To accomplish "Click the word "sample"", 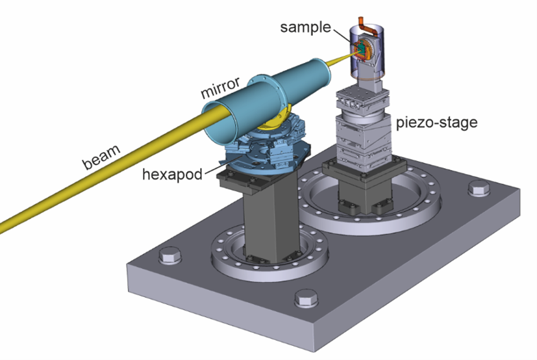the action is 305,27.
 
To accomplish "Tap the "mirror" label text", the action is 220,88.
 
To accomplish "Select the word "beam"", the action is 101,157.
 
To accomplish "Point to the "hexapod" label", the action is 172,175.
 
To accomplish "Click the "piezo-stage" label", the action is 436,122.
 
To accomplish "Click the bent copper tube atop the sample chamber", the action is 368,27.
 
